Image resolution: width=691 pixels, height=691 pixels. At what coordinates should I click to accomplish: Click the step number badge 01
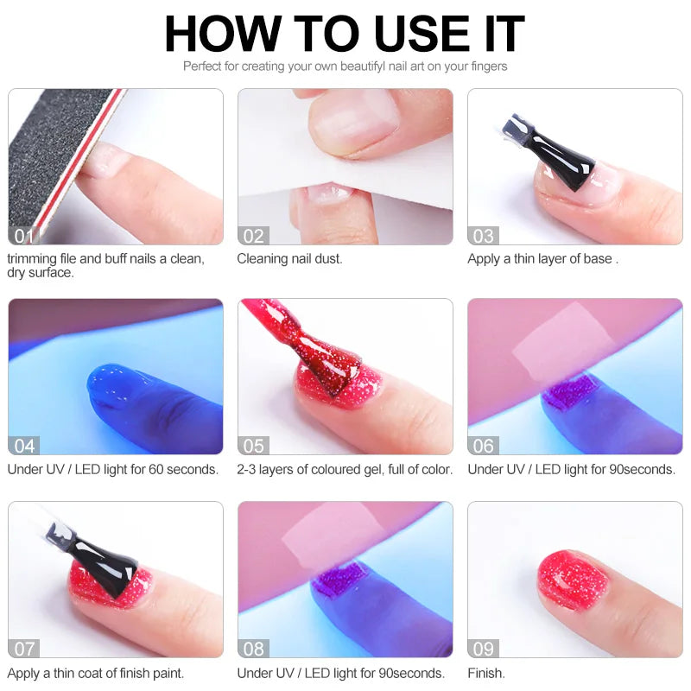(x=24, y=236)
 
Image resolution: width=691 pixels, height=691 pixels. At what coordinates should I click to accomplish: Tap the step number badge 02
(x=254, y=236)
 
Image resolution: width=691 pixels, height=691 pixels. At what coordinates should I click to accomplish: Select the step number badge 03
(x=484, y=236)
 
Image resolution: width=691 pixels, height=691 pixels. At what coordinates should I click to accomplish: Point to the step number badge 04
(x=24, y=446)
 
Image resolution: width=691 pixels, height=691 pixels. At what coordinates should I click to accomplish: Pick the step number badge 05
(x=254, y=446)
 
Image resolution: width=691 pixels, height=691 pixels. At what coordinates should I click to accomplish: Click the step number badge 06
(x=484, y=446)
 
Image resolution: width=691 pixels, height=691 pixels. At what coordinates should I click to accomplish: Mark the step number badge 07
(x=24, y=649)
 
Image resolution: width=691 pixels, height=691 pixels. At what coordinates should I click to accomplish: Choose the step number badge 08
(x=254, y=649)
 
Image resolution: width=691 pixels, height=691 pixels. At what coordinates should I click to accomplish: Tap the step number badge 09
(x=484, y=649)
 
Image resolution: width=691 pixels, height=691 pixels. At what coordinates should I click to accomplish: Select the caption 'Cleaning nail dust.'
(x=289, y=259)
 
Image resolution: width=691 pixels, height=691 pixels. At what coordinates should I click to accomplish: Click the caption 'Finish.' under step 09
(x=486, y=673)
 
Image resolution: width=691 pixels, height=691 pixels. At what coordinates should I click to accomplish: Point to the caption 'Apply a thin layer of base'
(x=540, y=259)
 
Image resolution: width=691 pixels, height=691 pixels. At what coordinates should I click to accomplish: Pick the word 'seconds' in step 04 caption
(x=190, y=470)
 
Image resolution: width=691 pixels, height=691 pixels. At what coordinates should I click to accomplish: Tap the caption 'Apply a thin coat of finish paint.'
(x=95, y=673)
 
